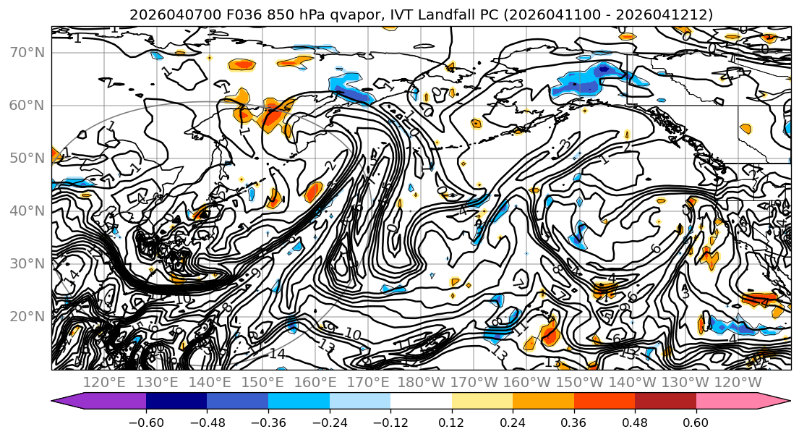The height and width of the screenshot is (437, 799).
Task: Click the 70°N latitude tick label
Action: pos(27,52)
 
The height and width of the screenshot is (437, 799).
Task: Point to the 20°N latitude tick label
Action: pos(27,316)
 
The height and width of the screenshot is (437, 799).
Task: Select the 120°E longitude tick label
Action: pos(106,382)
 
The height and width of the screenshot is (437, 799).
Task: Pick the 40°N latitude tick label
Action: pos(27,211)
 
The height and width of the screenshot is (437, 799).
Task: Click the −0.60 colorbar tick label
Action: pos(146,423)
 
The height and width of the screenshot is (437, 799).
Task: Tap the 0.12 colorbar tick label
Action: pos(452,423)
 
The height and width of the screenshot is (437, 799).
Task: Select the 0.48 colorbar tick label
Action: pos(635,423)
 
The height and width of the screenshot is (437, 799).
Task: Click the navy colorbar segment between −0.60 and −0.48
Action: pos(176,402)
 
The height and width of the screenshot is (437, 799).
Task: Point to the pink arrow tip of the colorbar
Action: pos(779,402)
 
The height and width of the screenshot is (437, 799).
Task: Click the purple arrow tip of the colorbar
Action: pos(61,402)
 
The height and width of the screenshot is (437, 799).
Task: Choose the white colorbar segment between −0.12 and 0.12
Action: pos(421,402)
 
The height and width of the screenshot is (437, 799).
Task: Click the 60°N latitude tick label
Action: pos(27,105)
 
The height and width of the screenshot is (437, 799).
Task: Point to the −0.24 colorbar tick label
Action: pos(329,423)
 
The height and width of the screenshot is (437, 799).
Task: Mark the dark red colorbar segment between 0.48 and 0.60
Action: pos(665,402)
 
